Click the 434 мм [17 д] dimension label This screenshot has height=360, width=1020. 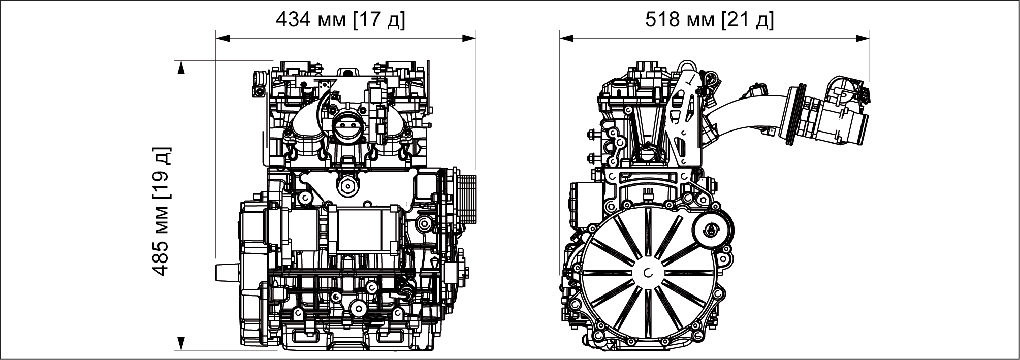click(x=340, y=20)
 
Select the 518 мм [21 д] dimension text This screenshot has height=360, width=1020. click(x=710, y=20)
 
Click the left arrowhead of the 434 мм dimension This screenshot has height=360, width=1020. click(x=224, y=38)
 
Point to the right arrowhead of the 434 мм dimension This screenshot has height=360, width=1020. click(x=468, y=38)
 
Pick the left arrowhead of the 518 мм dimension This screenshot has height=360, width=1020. click(x=567, y=38)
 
